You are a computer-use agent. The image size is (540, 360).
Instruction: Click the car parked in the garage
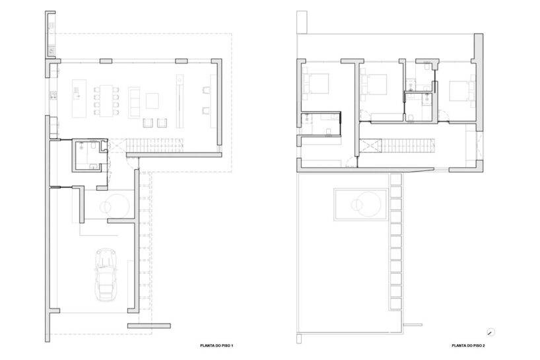(x=106, y=274)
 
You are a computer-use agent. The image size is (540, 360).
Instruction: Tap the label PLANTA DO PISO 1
(x=217, y=345)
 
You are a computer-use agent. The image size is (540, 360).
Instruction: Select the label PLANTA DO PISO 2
(x=468, y=345)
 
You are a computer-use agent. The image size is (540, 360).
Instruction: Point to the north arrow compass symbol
(x=490, y=332)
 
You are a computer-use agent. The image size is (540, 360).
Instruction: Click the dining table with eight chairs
(x=106, y=100)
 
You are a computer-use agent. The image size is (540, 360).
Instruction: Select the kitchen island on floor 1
(x=79, y=98)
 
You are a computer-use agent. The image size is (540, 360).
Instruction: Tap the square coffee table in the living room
(x=152, y=100)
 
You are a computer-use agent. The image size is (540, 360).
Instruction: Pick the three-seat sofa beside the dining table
(x=134, y=102)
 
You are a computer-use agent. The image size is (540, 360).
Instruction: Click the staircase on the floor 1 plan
(x=154, y=145)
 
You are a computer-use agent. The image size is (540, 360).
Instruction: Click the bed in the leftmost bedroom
(x=316, y=84)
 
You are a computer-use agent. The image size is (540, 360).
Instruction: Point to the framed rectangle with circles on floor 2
(x=361, y=204)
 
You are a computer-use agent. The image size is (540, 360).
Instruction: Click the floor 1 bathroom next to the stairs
(x=88, y=155)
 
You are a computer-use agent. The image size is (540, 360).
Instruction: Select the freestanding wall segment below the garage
(x=149, y=326)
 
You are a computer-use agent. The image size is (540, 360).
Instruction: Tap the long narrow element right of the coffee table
(x=179, y=101)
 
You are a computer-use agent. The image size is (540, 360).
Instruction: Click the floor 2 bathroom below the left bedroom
(x=321, y=124)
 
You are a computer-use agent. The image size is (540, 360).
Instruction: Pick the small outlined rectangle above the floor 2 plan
(x=302, y=22)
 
